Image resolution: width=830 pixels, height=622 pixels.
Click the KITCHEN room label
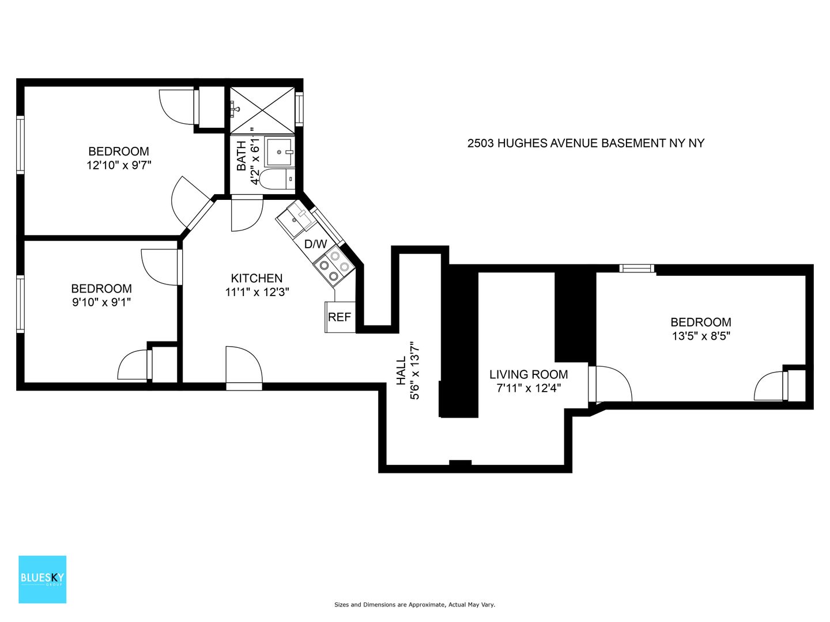256,278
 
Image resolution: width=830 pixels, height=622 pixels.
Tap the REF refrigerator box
340,317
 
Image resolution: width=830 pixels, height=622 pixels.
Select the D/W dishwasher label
315,244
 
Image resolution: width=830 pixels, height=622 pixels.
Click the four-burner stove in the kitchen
334,266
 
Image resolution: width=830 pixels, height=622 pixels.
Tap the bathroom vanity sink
280,152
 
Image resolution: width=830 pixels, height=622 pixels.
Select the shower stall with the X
262,110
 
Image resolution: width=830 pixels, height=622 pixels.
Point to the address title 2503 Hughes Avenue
586,143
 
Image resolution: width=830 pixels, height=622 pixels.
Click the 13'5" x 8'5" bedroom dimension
701,336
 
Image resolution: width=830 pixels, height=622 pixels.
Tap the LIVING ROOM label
529,374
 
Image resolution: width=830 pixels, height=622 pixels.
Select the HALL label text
401,371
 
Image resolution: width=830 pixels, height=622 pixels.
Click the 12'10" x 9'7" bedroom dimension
119,165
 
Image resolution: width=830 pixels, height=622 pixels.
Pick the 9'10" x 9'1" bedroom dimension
101,302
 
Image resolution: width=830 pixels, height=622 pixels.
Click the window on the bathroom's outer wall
299,109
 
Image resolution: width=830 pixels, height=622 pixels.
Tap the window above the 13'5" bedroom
637,268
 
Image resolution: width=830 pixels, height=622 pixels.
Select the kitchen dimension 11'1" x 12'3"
257,293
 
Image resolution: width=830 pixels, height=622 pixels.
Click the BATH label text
242,155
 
